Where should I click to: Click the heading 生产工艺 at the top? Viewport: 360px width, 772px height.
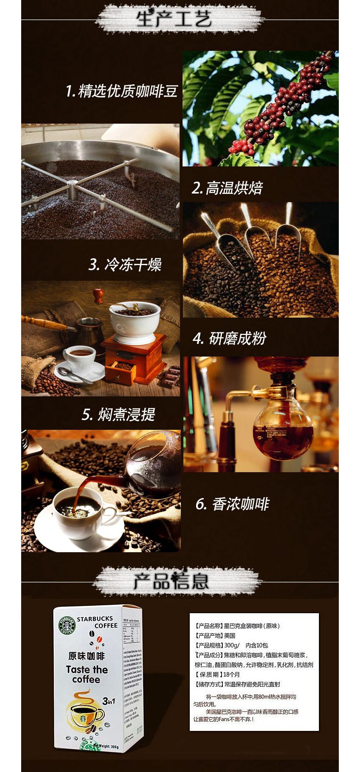174,19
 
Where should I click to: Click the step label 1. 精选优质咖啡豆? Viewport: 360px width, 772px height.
121,91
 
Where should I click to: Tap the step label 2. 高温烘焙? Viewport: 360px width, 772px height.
227,188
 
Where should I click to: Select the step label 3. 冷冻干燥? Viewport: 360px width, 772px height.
125,265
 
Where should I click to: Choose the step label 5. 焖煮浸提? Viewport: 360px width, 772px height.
119,415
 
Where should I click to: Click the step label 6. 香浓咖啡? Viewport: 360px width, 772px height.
232,504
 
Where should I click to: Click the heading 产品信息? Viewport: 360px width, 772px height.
171,581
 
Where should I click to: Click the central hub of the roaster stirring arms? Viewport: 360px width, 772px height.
72,185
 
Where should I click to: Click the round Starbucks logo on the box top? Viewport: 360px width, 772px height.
66,625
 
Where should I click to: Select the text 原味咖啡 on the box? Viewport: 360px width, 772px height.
86,656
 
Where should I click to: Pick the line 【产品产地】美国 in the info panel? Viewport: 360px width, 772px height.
215,635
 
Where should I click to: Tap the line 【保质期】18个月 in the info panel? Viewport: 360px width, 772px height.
217,674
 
